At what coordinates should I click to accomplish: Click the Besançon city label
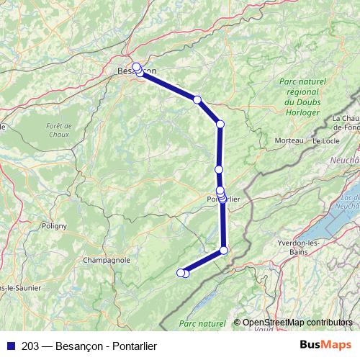click(130, 71)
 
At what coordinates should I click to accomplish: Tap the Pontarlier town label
click(223, 199)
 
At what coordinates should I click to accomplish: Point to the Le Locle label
click(325, 140)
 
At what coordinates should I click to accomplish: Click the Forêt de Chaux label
click(56, 130)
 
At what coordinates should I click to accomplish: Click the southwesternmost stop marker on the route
click(181, 272)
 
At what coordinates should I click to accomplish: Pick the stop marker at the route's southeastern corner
click(223, 250)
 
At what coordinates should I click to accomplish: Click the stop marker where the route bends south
click(220, 125)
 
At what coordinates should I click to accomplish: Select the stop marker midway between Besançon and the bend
click(197, 99)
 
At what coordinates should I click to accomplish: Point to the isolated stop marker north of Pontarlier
click(219, 169)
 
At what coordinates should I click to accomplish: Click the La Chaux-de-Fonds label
click(346, 122)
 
